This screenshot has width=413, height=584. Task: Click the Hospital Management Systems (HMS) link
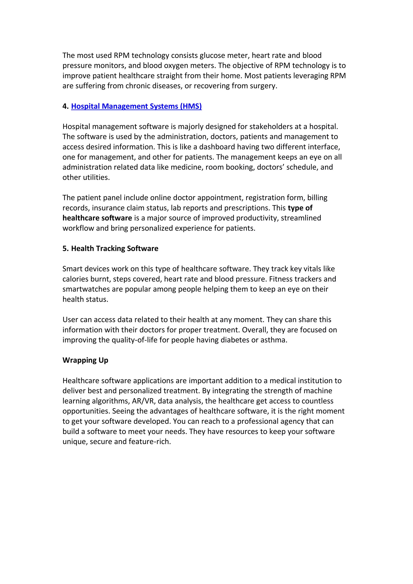tap(136, 106)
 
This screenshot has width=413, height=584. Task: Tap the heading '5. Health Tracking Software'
tap(110, 248)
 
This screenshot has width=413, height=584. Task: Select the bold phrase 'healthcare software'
tap(97, 218)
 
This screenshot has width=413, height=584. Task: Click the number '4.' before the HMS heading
tap(66, 106)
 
